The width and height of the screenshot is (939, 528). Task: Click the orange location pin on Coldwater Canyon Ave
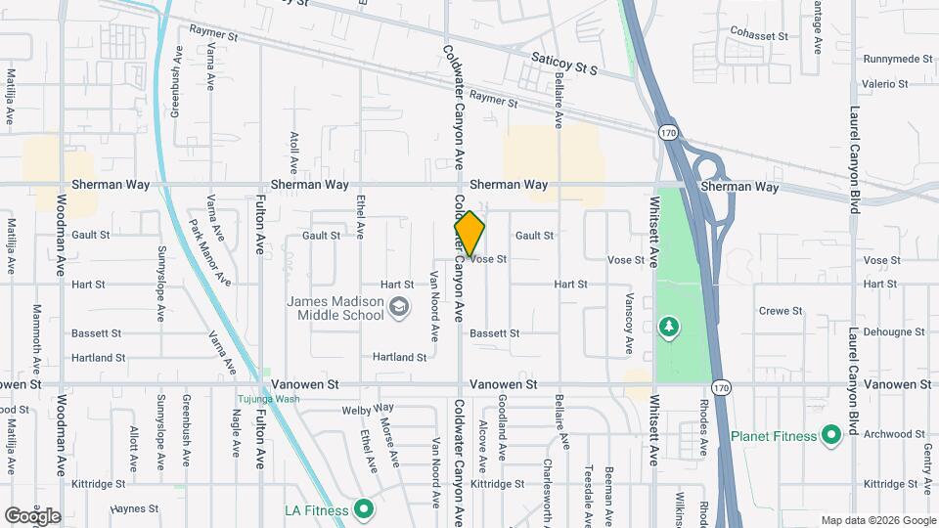(x=469, y=234)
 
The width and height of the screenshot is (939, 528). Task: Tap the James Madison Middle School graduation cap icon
(x=399, y=309)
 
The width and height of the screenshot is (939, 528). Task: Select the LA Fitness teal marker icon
(x=364, y=509)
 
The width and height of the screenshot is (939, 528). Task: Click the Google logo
(x=32, y=516)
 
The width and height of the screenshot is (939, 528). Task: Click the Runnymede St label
(x=898, y=59)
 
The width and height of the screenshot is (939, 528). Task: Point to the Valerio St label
(x=886, y=84)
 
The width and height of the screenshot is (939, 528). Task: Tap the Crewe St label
(x=781, y=311)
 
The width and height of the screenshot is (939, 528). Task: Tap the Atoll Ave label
(x=294, y=151)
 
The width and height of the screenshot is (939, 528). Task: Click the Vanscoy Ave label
(x=629, y=324)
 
